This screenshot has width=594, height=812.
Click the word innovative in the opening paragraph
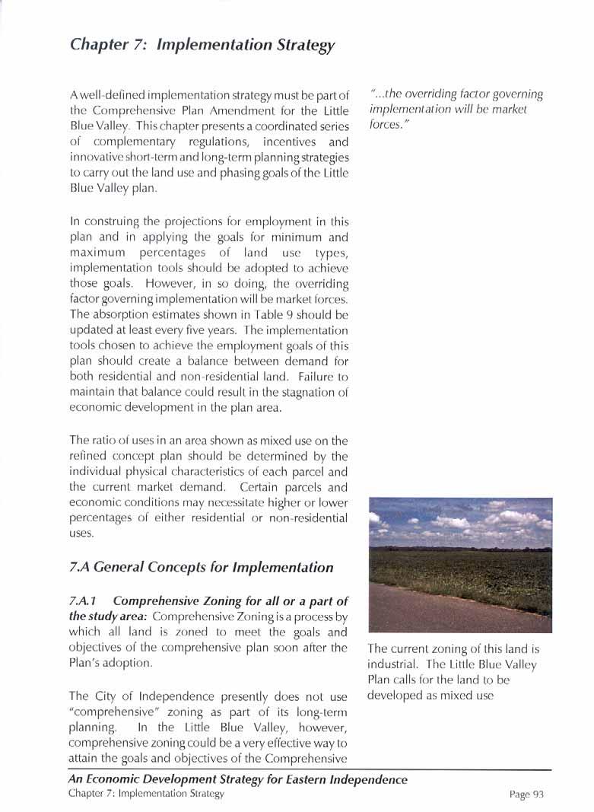[x=96, y=158]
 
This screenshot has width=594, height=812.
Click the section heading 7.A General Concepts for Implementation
[x=201, y=568]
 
